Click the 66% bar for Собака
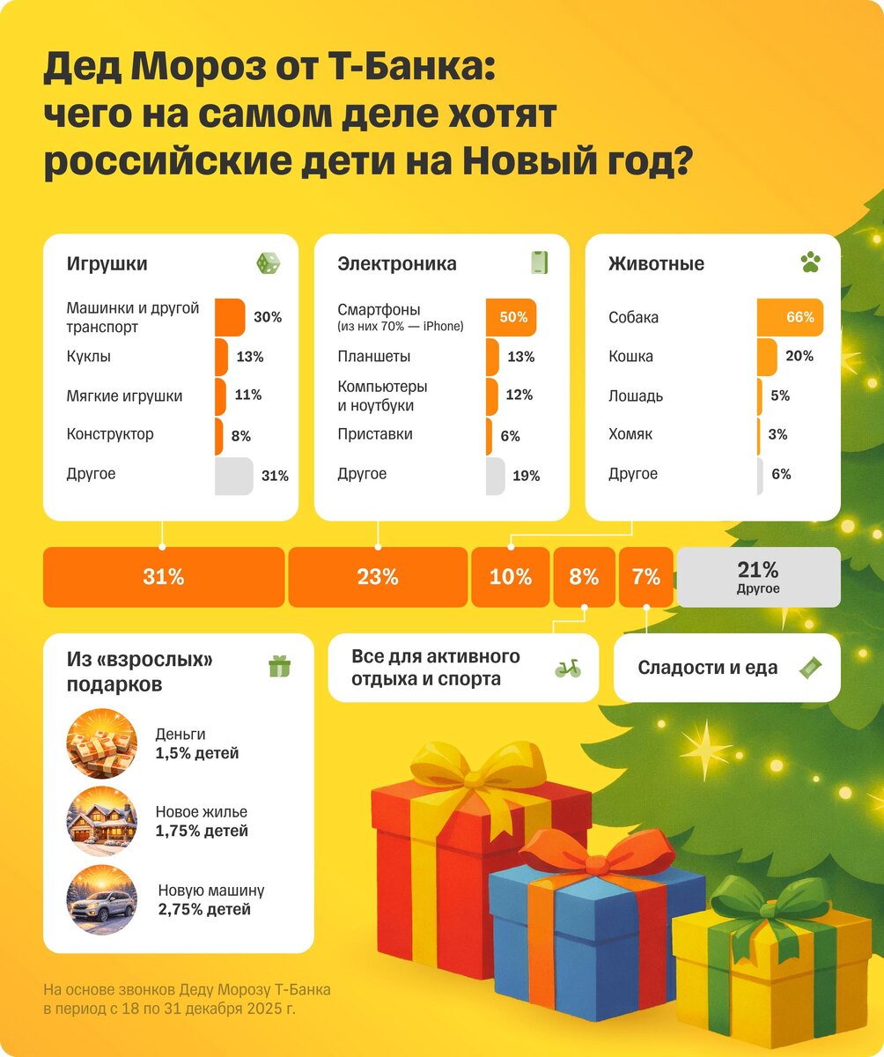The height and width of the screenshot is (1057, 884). click(x=790, y=317)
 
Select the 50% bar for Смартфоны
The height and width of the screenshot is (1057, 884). click(x=511, y=317)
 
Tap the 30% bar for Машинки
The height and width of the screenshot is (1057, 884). click(x=230, y=317)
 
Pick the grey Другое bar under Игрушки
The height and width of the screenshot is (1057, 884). click(x=233, y=476)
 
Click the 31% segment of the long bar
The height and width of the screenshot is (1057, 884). click(x=164, y=577)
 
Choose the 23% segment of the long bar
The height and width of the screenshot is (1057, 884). click(x=378, y=577)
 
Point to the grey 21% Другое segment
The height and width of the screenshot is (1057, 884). click(x=757, y=577)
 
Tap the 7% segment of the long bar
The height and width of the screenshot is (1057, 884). click(x=645, y=577)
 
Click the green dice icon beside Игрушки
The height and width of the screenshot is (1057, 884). click(x=269, y=263)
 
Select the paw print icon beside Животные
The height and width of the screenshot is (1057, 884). click(x=809, y=262)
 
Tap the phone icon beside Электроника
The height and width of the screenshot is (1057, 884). click(x=540, y=262)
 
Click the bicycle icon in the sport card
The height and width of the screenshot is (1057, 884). click(x=568, y=669)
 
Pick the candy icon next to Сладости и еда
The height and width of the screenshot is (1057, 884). click(x=809, y=668)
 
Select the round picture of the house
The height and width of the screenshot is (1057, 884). click(x=102, y=821)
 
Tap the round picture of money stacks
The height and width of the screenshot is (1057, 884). click(x=102, y=743)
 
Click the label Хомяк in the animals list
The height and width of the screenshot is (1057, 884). click(x=630, y=434)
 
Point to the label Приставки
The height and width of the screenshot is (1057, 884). click(x=375, y=434)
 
